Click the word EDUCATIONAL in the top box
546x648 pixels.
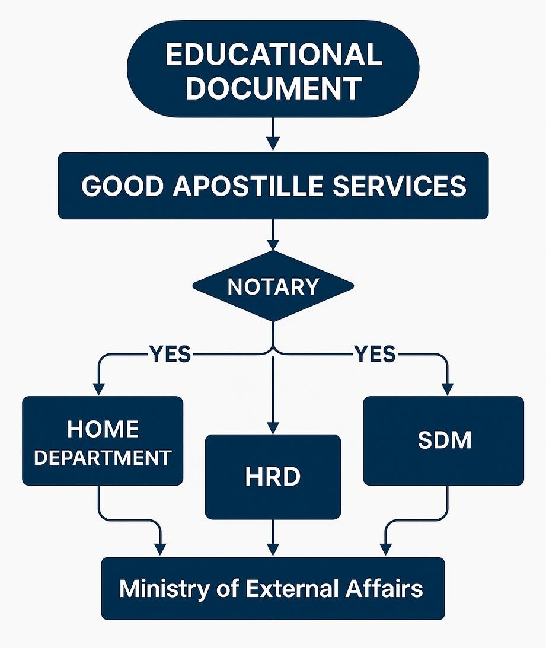[x=273, y=56]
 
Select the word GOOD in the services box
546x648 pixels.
[x=119, y=186]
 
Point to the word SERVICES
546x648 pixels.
[x=399, y=186]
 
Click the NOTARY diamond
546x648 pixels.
[x=273, y=287]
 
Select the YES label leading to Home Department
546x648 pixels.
[x=170, y=355]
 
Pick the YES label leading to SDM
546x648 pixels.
[x=374, y=355]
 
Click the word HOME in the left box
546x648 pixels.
[x=103, y=429]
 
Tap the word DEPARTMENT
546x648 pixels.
[x=103, y=458]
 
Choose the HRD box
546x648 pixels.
[x=273, y=477]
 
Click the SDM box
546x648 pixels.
[x=443, y=440]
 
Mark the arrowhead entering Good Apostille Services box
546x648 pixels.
[x=273, y=144]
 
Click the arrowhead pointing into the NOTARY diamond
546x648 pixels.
[x=273, y=244]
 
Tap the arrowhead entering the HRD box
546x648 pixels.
[x=273, y=427]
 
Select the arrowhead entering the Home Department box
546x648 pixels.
[x=98, y=388]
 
